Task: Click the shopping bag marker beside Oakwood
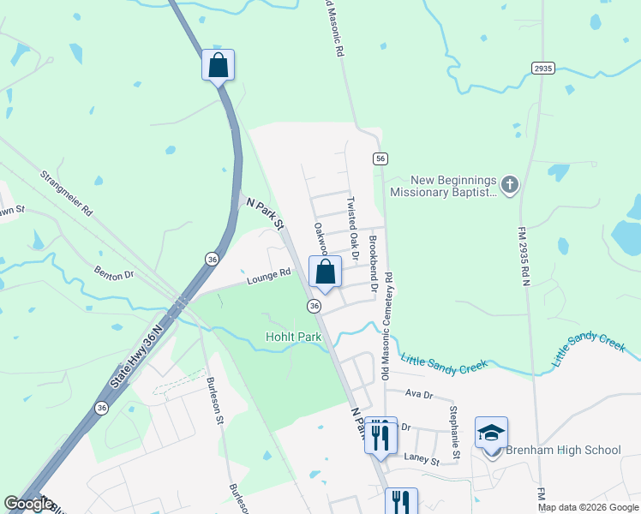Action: [x=326, y=272]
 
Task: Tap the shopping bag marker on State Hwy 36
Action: [x=219, y=65]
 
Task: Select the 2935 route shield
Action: [x=542, y=69]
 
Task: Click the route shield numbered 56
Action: [x=380, y=158]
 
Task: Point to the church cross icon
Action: [x=510, y=184]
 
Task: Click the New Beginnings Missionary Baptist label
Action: [x=442, y=186]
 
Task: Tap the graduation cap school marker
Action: [x=492, y=433]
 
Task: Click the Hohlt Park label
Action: [x=293, y=338]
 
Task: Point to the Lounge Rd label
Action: [x=269, y=276]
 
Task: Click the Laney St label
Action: [x=422, y=461]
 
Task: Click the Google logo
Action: [x=29, y=504]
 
